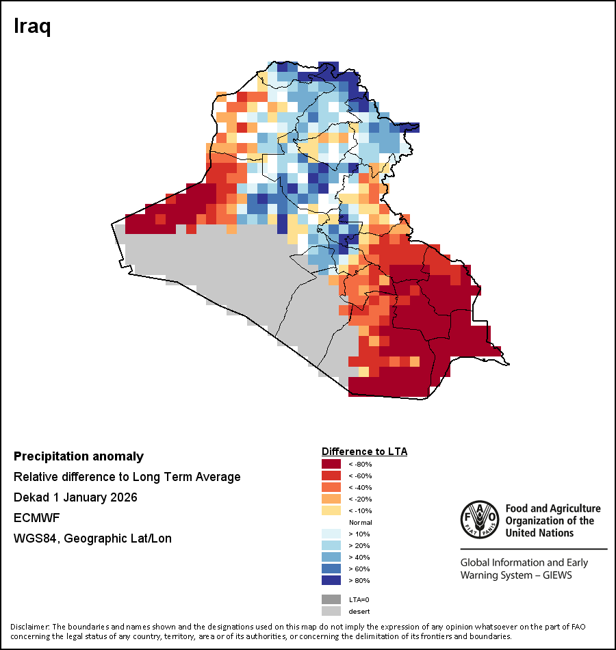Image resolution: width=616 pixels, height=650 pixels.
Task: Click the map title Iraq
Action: pos(33,27)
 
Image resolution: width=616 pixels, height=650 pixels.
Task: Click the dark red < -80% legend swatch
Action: pos(331,464)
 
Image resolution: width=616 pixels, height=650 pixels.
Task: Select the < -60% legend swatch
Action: pos(331,476)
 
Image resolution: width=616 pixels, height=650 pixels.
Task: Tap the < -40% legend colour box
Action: pos(331,487)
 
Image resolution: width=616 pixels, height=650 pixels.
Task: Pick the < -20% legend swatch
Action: pos(331,499)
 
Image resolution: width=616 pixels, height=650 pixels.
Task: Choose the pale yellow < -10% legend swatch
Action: pos(331,510)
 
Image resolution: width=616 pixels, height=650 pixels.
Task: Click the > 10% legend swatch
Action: pos(331,534)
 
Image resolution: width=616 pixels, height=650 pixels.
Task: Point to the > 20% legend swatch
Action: pos(331,545)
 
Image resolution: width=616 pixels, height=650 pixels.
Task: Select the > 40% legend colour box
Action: pos(331,557)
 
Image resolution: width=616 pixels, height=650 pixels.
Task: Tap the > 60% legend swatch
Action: pos(331,569)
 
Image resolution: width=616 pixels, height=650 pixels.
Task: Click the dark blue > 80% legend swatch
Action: pos(331,580)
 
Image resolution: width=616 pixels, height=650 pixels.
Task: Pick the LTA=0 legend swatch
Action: pos(331,599)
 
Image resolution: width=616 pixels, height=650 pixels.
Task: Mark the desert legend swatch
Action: pos(331,611)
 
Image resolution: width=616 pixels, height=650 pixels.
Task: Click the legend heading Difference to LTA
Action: pos(364,452)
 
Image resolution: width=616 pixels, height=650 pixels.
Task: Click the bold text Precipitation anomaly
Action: pos(79,456)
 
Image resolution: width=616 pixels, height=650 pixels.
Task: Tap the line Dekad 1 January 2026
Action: pos(75,497)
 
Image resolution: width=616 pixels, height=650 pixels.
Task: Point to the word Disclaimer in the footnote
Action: pos(29,627)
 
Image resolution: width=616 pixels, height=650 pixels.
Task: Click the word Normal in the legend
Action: pos(361,522)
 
